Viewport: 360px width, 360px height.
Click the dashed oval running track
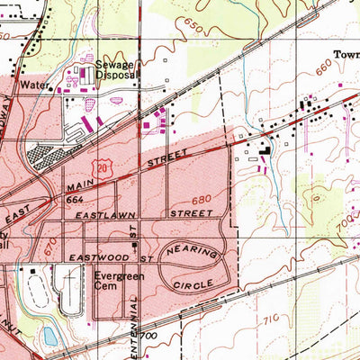[35, 289]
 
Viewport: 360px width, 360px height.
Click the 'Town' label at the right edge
[346, 53]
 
